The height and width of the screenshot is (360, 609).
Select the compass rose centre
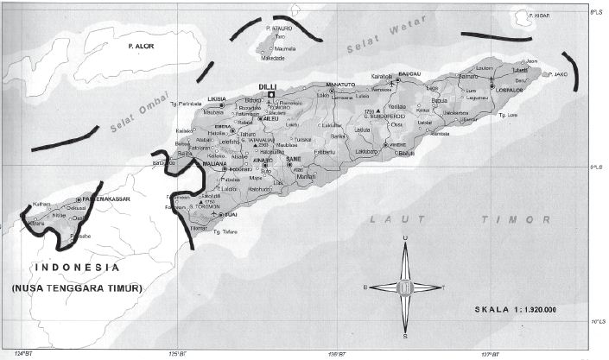(x=404, y=287)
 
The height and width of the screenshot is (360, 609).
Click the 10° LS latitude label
(x=597, y=323)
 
